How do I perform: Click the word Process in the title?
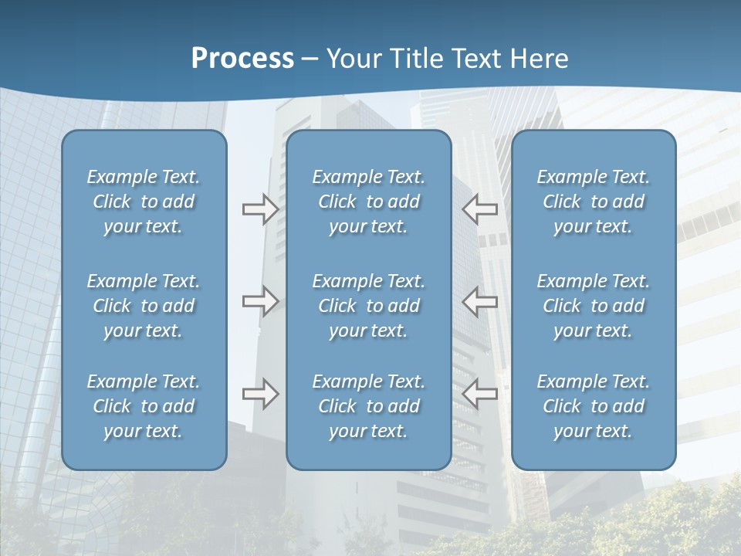tap(242, 59)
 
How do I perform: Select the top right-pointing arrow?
tap(260, 208)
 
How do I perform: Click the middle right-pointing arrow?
tap(260, 301)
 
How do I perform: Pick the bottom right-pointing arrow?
tap(260, 394)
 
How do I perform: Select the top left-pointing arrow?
tap(480, 208)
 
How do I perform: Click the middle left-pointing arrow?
tap(480, 301)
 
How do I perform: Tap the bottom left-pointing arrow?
tap(480, 394)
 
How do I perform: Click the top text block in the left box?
tap(144, 202)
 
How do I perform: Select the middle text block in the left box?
tap(144, 306)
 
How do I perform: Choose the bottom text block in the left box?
tap(144, 406)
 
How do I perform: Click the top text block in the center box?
tap(369, 202)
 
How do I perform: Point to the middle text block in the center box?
tap(369, 306)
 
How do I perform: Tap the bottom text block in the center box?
tap(369, 406)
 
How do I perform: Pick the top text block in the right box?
tap(594, 202)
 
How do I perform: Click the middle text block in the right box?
tap(594, 306)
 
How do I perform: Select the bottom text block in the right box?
tap(594, 406)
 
